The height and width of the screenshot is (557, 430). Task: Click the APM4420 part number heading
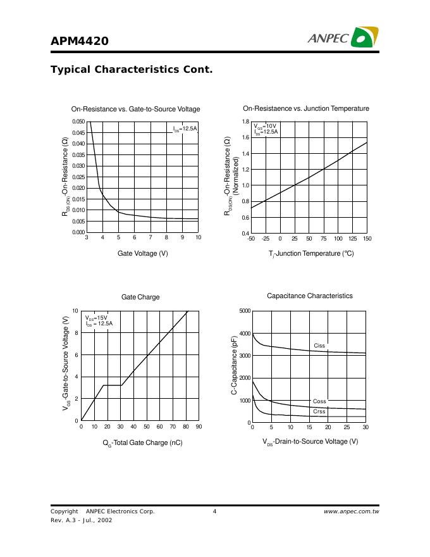tap(80, 41)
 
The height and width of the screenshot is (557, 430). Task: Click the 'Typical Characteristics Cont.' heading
tap(132, 69)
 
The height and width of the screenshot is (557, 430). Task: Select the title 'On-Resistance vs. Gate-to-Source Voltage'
tap(135, 109)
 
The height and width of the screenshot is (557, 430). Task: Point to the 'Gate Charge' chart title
tap(140, 297)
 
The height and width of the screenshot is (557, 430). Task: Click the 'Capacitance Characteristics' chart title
tap(310, 296)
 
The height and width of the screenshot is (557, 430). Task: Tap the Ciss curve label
tap(319, 346)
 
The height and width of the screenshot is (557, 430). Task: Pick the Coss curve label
tap(319, 401)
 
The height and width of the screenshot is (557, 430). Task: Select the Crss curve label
tap(319, 411)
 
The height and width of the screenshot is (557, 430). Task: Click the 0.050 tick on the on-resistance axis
tap(78, 122)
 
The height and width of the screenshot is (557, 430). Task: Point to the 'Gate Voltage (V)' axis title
tap(142, 253)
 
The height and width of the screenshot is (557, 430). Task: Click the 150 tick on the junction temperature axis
tap(367, 239)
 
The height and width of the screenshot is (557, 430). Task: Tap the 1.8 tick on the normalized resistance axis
tap(246, 122)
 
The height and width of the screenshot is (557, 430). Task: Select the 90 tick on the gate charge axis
tap(199, 427)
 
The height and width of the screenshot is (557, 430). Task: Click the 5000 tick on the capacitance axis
tap(244, 311)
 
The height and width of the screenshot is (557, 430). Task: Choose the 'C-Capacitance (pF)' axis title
tap(234, 366)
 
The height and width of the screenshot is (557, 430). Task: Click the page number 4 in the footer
tap(215, 511)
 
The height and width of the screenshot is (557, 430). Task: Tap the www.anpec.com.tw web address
tap(351, 511)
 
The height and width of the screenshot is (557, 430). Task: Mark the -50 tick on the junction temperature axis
tap(250, 239)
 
